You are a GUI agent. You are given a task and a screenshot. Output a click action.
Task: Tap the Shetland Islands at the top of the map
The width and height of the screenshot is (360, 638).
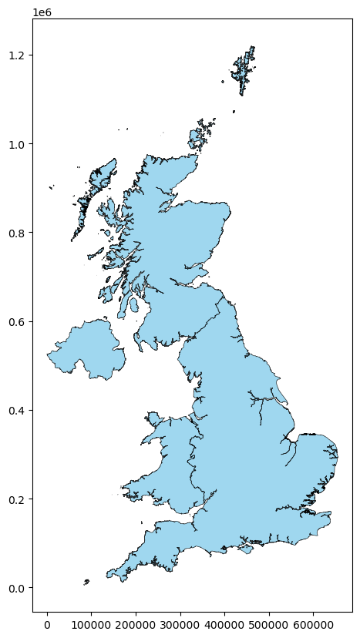(244, 71)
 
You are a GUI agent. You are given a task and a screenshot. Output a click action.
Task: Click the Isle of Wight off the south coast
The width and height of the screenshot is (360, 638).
(246, 549)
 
